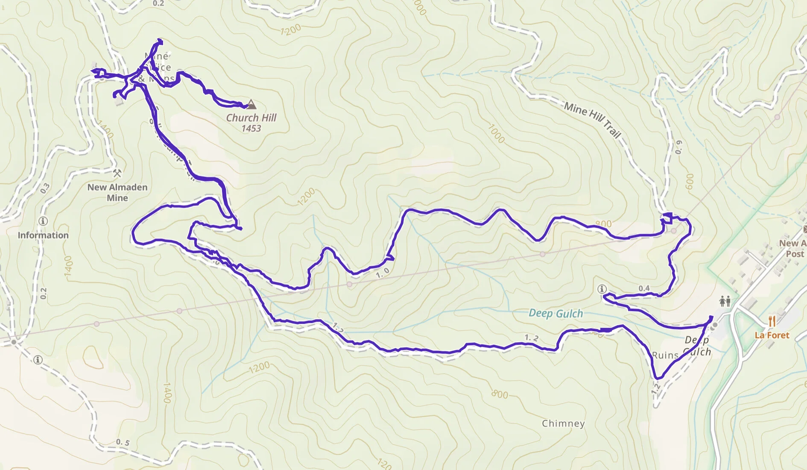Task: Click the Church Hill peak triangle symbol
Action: point(251,104)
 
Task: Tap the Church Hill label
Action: point(251,117)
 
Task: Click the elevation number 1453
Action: point(251,128)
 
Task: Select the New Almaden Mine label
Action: point(117,192)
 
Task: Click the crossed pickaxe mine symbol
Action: point(117,173)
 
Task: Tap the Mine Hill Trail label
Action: point(592,120)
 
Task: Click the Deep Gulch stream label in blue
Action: point(556,313)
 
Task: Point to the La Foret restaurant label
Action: point(772,335)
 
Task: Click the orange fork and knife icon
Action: point(772,321)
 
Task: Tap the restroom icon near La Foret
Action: point(725,301)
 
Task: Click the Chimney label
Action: point(563,423)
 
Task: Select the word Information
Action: point(43,235)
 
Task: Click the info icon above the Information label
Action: point(43,221)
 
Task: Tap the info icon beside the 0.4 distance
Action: point(602,289)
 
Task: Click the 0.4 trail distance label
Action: point(644,288)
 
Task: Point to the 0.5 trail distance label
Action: point(123,442)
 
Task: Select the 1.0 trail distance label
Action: point(383,273)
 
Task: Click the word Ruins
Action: point(665,355)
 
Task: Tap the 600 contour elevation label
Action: point(689,182)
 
